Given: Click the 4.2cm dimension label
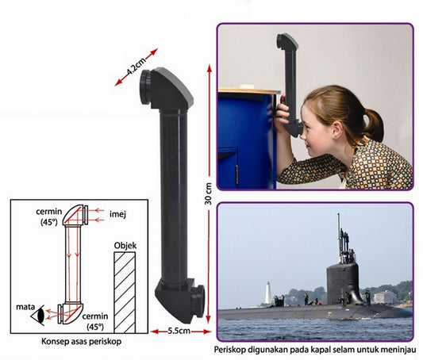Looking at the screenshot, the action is coord(136,67).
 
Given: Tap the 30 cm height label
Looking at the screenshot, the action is coord(208,193).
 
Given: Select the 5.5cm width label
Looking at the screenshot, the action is coord(179,331).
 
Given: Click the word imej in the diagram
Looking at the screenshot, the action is coord(117,214).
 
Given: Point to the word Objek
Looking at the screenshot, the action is coord(125,246).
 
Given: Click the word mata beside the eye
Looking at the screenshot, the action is coord(25,307).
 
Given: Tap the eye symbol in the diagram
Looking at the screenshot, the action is coord(38,315).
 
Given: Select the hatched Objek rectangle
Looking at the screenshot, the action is coord(125,293).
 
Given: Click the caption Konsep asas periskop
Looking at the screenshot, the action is coord(81,342).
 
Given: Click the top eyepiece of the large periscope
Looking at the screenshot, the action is coord(146,86).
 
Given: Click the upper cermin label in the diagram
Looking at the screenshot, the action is coord(49,216).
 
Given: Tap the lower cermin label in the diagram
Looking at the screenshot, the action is coord(95,321).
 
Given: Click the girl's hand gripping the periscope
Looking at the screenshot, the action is coord(283,113).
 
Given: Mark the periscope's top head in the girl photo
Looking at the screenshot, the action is coord(287,42).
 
